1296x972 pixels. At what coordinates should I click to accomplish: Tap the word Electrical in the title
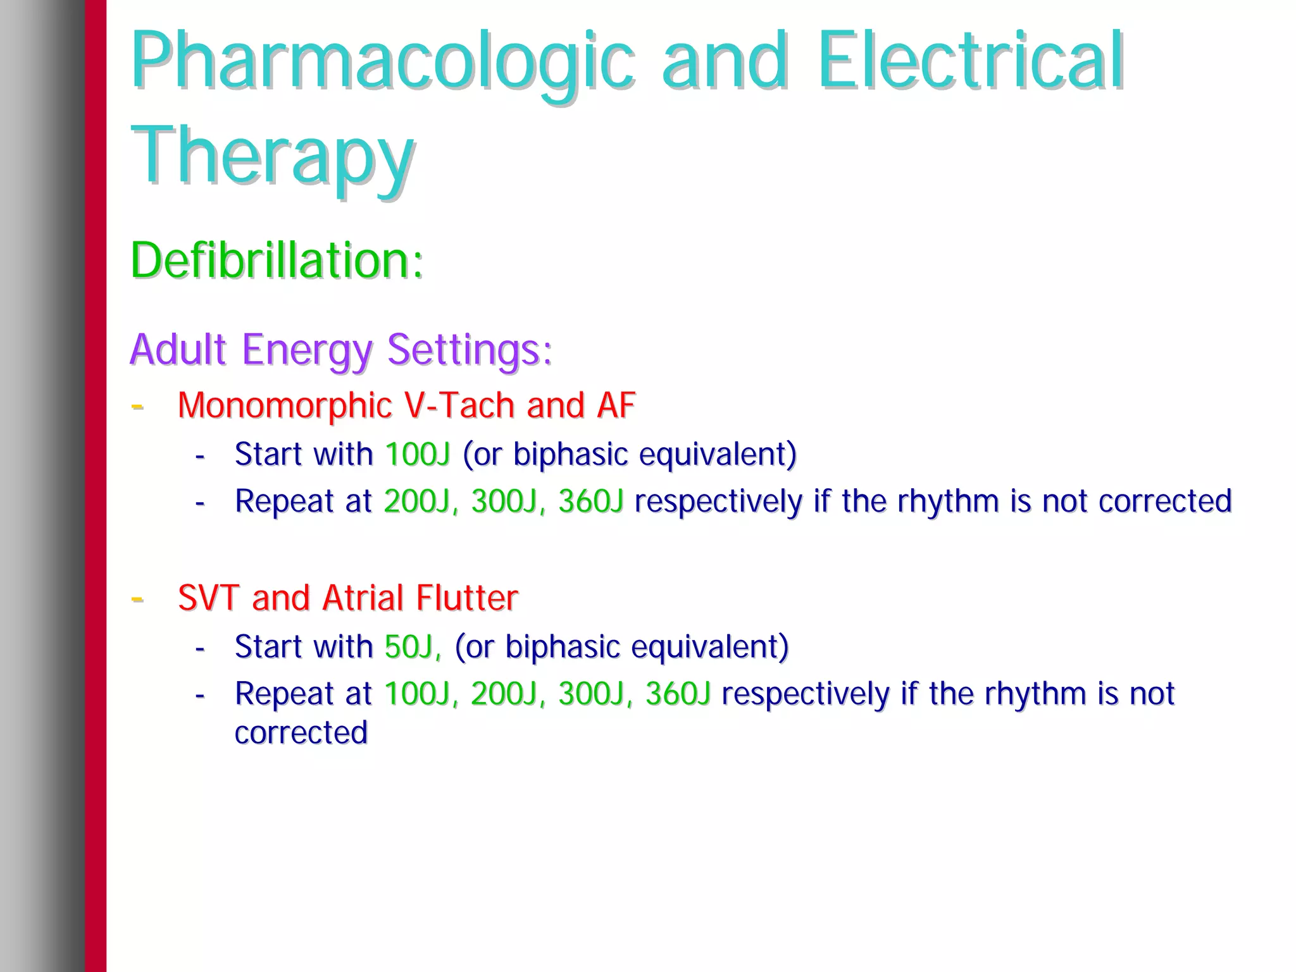pyautogui.click(x=970, y=61)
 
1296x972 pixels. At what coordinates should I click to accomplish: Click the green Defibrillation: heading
pyautogui.click(x=277, y=261)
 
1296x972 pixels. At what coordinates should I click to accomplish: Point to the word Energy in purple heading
pyautogui.click(x=308, y=350)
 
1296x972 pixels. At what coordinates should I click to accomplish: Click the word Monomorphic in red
pyautogui.click(x=285, y=405)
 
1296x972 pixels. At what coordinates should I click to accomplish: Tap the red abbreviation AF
pyautogui.click(x=615, y=405)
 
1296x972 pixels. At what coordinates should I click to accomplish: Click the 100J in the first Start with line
pyautogui.click(x=417, y=455)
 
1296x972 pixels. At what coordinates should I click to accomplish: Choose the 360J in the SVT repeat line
pyautogui.click(x=678, y=694)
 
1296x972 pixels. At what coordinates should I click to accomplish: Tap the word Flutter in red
pyautogui.click(x=467, y=598)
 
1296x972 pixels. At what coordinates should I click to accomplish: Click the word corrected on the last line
pyautogui.click(x=301, y=733)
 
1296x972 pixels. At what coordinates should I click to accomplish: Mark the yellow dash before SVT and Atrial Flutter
pyautogui.click(x=137, y=598)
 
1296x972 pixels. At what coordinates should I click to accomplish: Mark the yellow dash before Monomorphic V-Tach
pyautogui.click(x=137, y=406)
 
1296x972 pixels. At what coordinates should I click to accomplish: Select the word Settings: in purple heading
pyautogui.click(x=470, y=350)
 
